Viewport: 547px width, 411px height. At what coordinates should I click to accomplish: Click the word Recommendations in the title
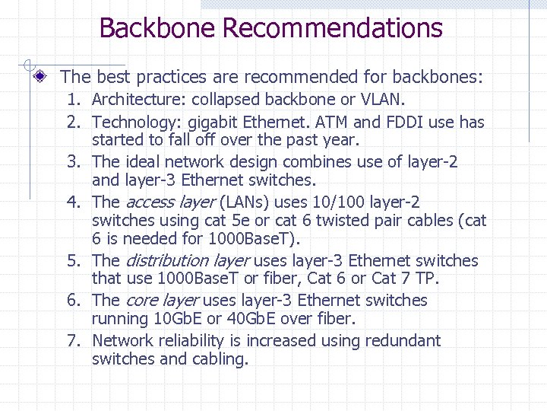(332, 28)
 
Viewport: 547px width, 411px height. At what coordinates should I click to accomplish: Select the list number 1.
(73, 100)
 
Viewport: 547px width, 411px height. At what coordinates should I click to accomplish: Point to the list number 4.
(73, 202)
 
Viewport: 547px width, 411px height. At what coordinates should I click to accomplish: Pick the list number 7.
(73, 341)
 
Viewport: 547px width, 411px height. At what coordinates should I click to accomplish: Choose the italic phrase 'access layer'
(169, 202)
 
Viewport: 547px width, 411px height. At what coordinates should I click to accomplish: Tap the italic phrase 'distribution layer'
(187, 261)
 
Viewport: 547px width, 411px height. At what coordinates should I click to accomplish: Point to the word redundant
(403, 341)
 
